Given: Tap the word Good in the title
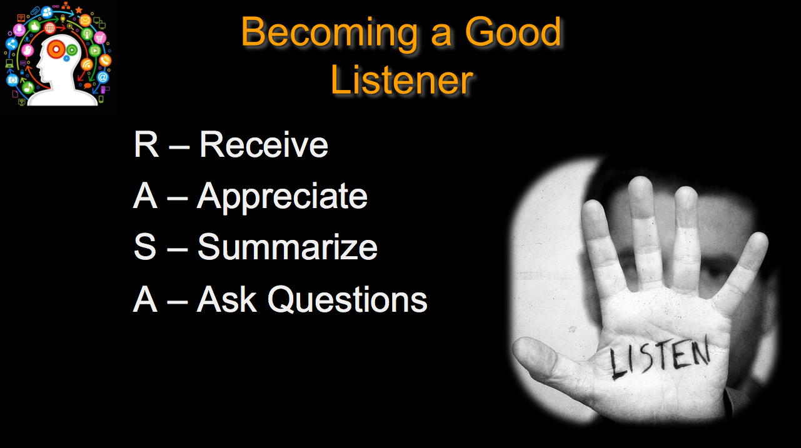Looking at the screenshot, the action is [x=513, y=31].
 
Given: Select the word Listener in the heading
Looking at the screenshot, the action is [x=402, y=80].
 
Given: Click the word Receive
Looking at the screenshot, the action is [x=263, y=144].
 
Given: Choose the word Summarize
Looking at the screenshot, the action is [x=288, y=247].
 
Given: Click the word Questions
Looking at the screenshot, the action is [x=347, y=299].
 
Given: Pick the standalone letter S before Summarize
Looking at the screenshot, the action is [x=145, y=247].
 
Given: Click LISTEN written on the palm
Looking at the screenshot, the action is [x=659, y=357].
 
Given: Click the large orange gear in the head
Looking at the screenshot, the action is [x=56, y=49].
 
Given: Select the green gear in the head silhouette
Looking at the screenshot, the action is [x=72, y=50].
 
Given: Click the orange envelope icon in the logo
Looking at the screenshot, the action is [x=85, y=21].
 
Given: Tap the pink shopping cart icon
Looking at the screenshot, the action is [x=100, y=37].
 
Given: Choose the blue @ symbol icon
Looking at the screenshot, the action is [x=103, y=77].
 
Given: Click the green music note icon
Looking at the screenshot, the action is [x=28, y=87].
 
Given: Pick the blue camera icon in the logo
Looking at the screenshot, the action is [x=12, y=79].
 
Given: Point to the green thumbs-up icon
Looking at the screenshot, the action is [x=34, y=26].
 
